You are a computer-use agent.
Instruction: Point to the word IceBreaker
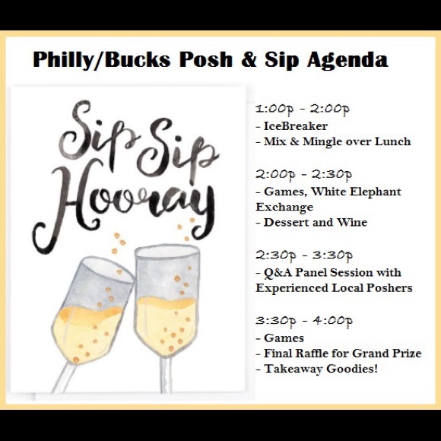296,125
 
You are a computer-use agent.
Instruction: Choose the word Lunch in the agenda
393,141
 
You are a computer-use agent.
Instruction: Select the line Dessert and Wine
316,222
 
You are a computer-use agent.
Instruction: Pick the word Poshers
387,287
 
